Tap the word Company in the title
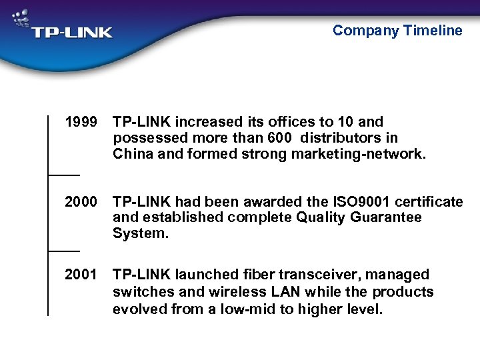(366, 30)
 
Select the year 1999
(81, 122)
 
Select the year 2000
(81, 201)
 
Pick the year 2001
(81, 275)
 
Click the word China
(133, 154)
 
